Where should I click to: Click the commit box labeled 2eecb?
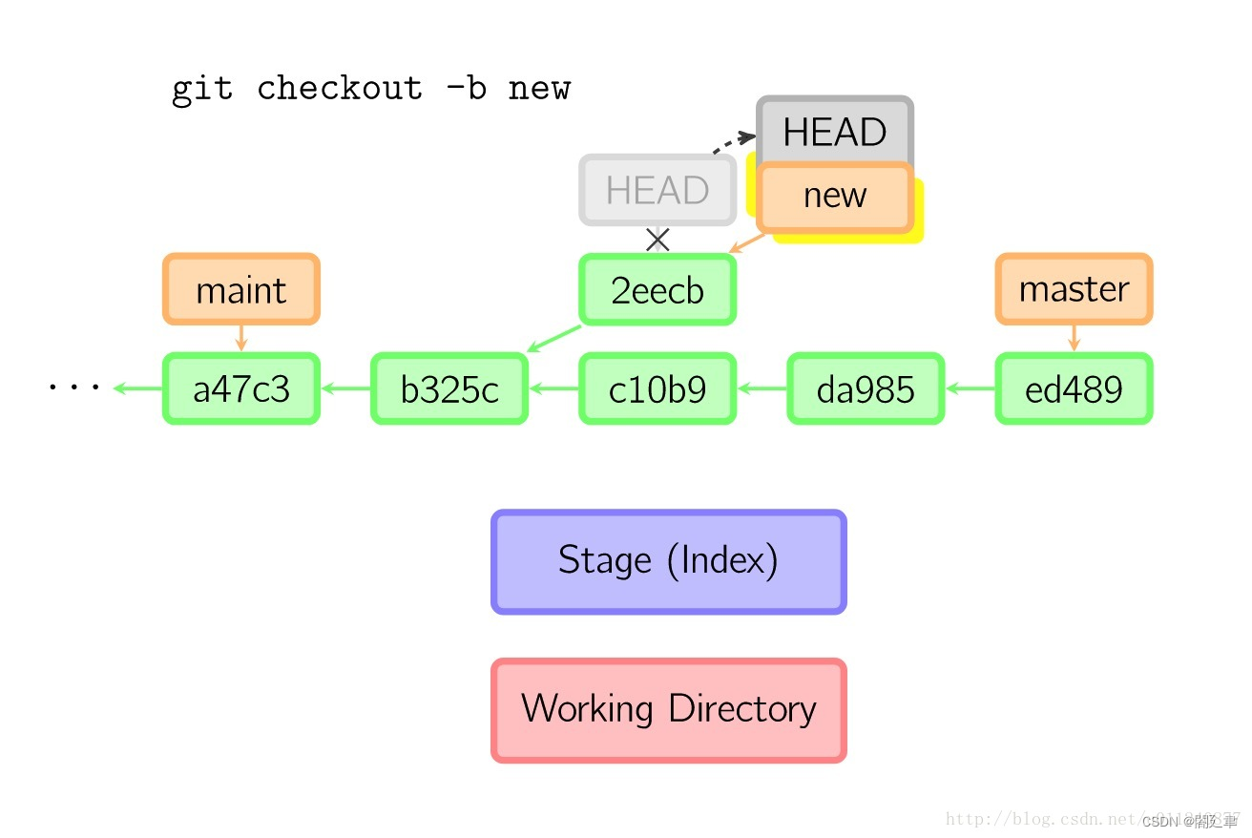pyautogui.click(x=657, y=289)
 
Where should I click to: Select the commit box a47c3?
pyautogui.click(x=240, y=388)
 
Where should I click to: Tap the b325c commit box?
pyautogui.click(x=449, y=388)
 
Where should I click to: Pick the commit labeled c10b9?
pyautogui.click(x=657, y=388)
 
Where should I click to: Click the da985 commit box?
pyautogui.click(x=866, y=388)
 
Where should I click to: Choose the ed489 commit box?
pyautogui.click(x=1074, y=388)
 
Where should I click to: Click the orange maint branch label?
pyautogui.click(x=240, y=289)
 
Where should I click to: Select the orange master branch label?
pyautogui.click(x=1074, y=288)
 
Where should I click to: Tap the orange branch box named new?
pyautogui.click(x=835, y=197)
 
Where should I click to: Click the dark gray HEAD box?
pyautogui.click(x=835, y=131)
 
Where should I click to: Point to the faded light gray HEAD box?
pyautogui.click(x=657, y=190)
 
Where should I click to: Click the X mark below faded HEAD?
pyautogui.click(x=657, y=240)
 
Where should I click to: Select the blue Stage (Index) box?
pyautogui.click(x=668, y=561)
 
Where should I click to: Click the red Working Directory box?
pyautogui.click(x=668, y=710)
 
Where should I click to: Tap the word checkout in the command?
pyautogui.click(x=339, y=89)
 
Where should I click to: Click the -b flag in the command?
pyautogui.click(x=465, y=89)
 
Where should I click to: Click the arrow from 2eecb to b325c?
pyautogui.click(x=555, y=339)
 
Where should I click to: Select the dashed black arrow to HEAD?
pyautogui.click(x=733, y=143)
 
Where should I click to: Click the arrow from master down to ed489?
pyautogui.click(x=1074, y=338)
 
